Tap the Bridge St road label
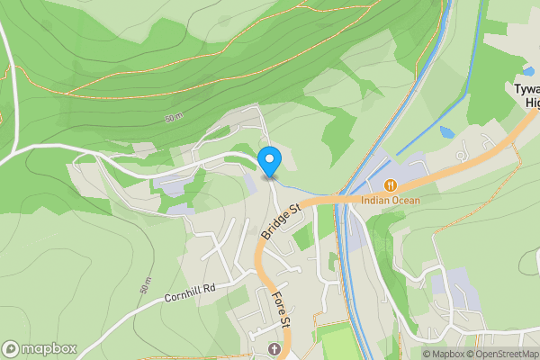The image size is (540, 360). click(x=281, y=221)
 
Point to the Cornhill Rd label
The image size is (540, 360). click(x=191, y=292)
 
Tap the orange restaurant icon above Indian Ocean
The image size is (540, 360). click(x=390, y=185)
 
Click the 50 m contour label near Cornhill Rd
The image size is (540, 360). click(x=145, y=285)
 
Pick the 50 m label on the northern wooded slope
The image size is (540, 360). click(x=173, y=119)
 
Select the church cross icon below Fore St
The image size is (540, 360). click(x=274, y=348)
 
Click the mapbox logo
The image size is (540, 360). click(x=40, y=348)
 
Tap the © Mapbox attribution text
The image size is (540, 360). click(x=442, y=354)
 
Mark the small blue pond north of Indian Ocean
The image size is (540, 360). click(x=447, y=132)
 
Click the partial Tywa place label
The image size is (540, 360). click(x=526, y=89)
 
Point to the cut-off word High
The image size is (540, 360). click(x=531, y=103)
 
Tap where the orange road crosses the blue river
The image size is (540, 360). click(x=340, y=196)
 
